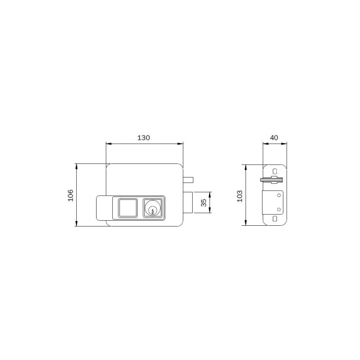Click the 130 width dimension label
pyautogui.click(x=144, y=138)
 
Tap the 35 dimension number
pyautogui.click(x=204, y=202)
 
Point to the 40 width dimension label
pyautogui.click(x=274, y=138)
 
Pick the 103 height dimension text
pyautogui.click(x=239, y=195)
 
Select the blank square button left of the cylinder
pyautogui.click(x=127, y=208)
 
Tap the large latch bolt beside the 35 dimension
pyautogui.click(x=188, y=202)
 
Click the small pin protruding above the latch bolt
pyautogui.click(x=189, y=179)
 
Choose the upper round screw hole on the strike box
pyautogui.click(x=278, y=195)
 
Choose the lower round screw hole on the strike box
pyautogui.click(x=278, y=209)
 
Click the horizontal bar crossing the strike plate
pyautogui.click(x=271, y=180)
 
